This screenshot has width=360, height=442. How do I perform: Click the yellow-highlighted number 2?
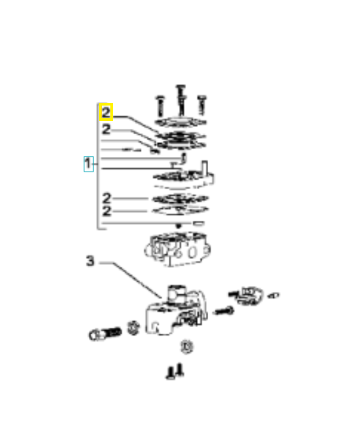[106, 113]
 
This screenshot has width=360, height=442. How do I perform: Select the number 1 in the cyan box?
[88, 164]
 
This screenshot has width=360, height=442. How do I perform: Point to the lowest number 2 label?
[107, 211]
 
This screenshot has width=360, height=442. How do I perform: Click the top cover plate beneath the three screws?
[181, 123]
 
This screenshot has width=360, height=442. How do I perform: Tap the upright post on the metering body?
[204, 167]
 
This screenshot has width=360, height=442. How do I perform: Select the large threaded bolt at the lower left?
[104, 333]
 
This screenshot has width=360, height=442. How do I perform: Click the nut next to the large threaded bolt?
[133, 327]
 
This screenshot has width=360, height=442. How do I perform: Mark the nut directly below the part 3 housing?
[186, 347]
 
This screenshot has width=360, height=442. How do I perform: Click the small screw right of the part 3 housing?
[224, 311]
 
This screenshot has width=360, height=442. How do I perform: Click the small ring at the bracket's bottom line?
[198, 223]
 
